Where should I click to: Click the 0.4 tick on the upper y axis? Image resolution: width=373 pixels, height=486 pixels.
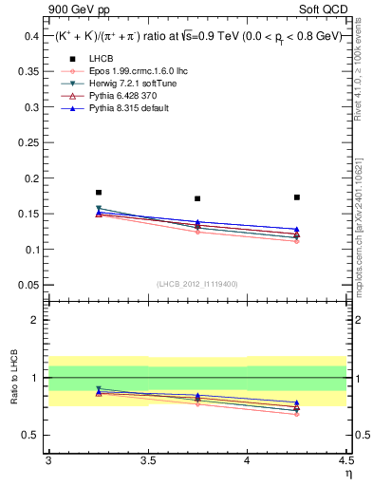coord(31,36)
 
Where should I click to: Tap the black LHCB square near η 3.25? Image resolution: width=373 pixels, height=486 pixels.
coord(99,193)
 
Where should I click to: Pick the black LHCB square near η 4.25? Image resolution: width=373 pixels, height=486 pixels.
coord(297,197)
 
